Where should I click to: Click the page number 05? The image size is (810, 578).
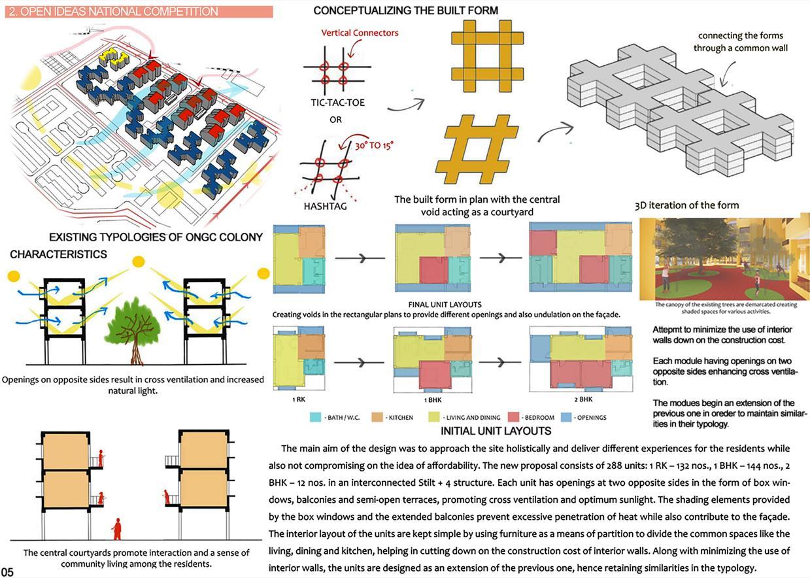click(x=8, y=572)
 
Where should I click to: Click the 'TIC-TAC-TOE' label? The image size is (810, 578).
click(x=337, y=103)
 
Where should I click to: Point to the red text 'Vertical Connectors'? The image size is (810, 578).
click(x=360, y=33)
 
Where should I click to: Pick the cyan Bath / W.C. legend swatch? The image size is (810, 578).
click(x=316, y=416)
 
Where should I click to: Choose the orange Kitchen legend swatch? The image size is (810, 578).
click(x=376, y=416)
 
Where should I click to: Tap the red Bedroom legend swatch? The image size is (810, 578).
click(x=514, y=416)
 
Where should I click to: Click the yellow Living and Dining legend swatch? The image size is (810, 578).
click(x=433, y=416)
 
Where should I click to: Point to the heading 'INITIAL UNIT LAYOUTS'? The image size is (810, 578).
click(x=496, y=432)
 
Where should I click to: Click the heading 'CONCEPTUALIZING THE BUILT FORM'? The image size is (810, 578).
click(x=405, y=11)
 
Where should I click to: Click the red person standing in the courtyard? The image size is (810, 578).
click(x=117, y=528)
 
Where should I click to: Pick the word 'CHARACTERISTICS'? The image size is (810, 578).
click(x=58, y=254)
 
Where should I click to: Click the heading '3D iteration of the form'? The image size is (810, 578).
click(x=686, y=205)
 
